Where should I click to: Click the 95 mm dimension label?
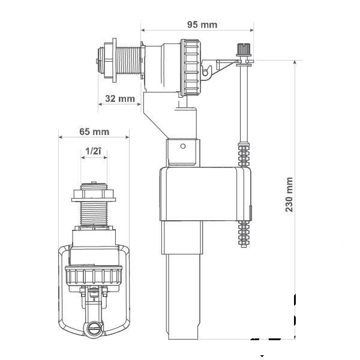pos(202,25)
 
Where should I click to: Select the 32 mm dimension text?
pos(120,99)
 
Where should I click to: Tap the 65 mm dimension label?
pos(94,132)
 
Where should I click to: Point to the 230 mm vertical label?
pos(289,194)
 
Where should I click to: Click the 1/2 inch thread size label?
pos(93,151)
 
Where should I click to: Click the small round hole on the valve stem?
pos(183,146)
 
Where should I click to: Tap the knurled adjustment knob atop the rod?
pos(244,49)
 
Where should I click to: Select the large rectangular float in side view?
pos(205,194)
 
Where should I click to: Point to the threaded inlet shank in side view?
pos(128,61)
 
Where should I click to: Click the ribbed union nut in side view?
pos(191,68)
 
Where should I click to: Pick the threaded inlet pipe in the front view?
pos(94,214)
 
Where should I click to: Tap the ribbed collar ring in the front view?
pos(94,275)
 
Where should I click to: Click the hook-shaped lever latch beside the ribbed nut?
pos(206,72)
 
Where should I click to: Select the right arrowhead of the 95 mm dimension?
pos(252,30)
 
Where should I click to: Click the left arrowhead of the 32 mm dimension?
pos(100,104)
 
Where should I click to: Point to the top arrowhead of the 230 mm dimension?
pos(295,62)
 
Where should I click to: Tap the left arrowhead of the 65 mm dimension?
pos(61,137)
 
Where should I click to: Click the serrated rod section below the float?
pos(244,234)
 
